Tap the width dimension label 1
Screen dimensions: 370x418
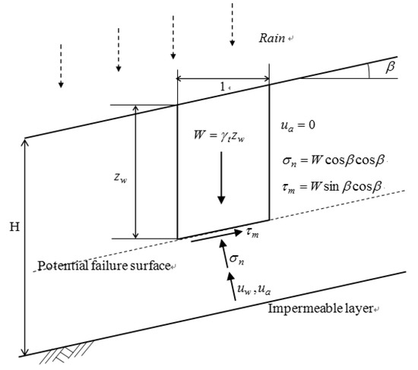pos(223,88)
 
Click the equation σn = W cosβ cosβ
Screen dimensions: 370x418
pos(334,161)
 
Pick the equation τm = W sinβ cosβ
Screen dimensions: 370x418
pos(334,187)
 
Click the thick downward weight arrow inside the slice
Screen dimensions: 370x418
pos(221,179)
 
